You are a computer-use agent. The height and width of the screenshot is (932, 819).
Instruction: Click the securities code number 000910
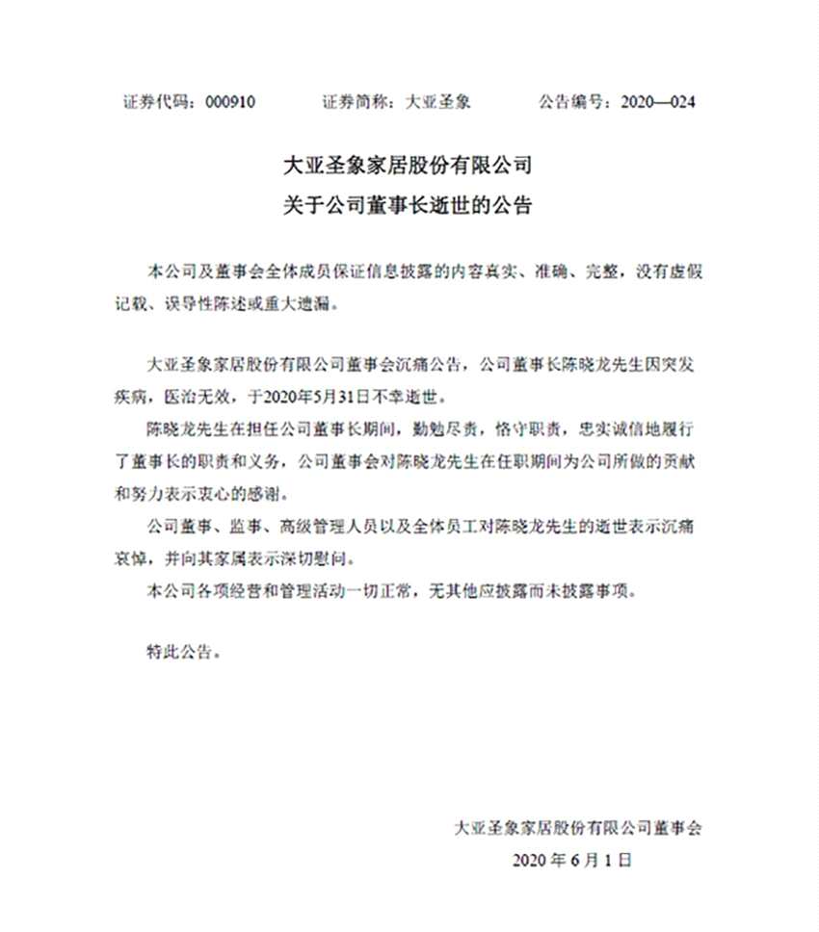tap(230, 101)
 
